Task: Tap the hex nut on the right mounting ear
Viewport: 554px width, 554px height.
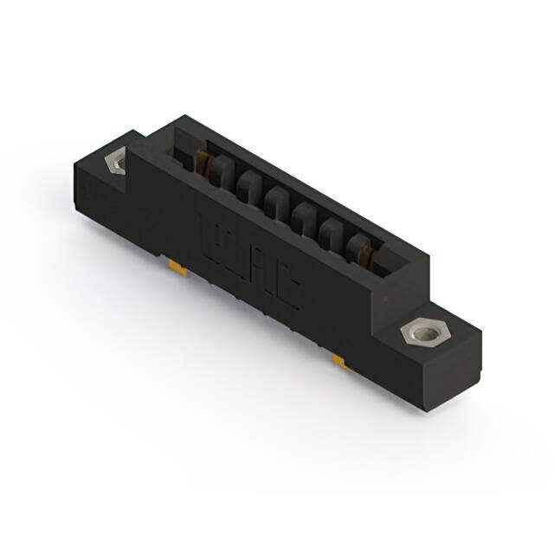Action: (x=421, y=333)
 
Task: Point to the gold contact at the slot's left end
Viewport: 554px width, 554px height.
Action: (x=205, y=163)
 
